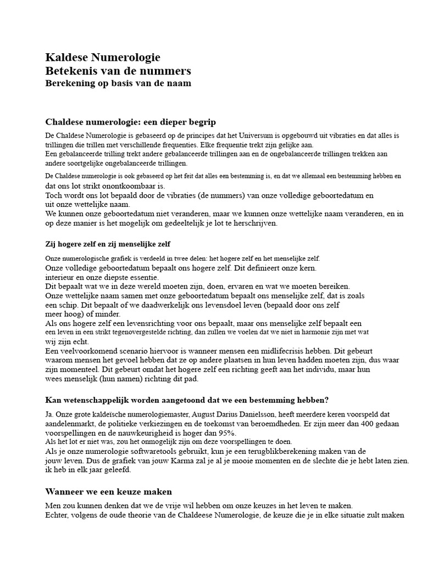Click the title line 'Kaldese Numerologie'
point(102,58)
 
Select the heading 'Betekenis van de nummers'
point(118,71)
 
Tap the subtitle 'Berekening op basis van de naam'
point(118,83)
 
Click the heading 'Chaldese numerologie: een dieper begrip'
point(134,122)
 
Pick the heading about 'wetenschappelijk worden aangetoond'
point(187,399)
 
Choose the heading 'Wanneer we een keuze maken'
point(108,492)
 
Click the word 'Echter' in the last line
point(57,515)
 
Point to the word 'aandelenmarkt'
point(67,424)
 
